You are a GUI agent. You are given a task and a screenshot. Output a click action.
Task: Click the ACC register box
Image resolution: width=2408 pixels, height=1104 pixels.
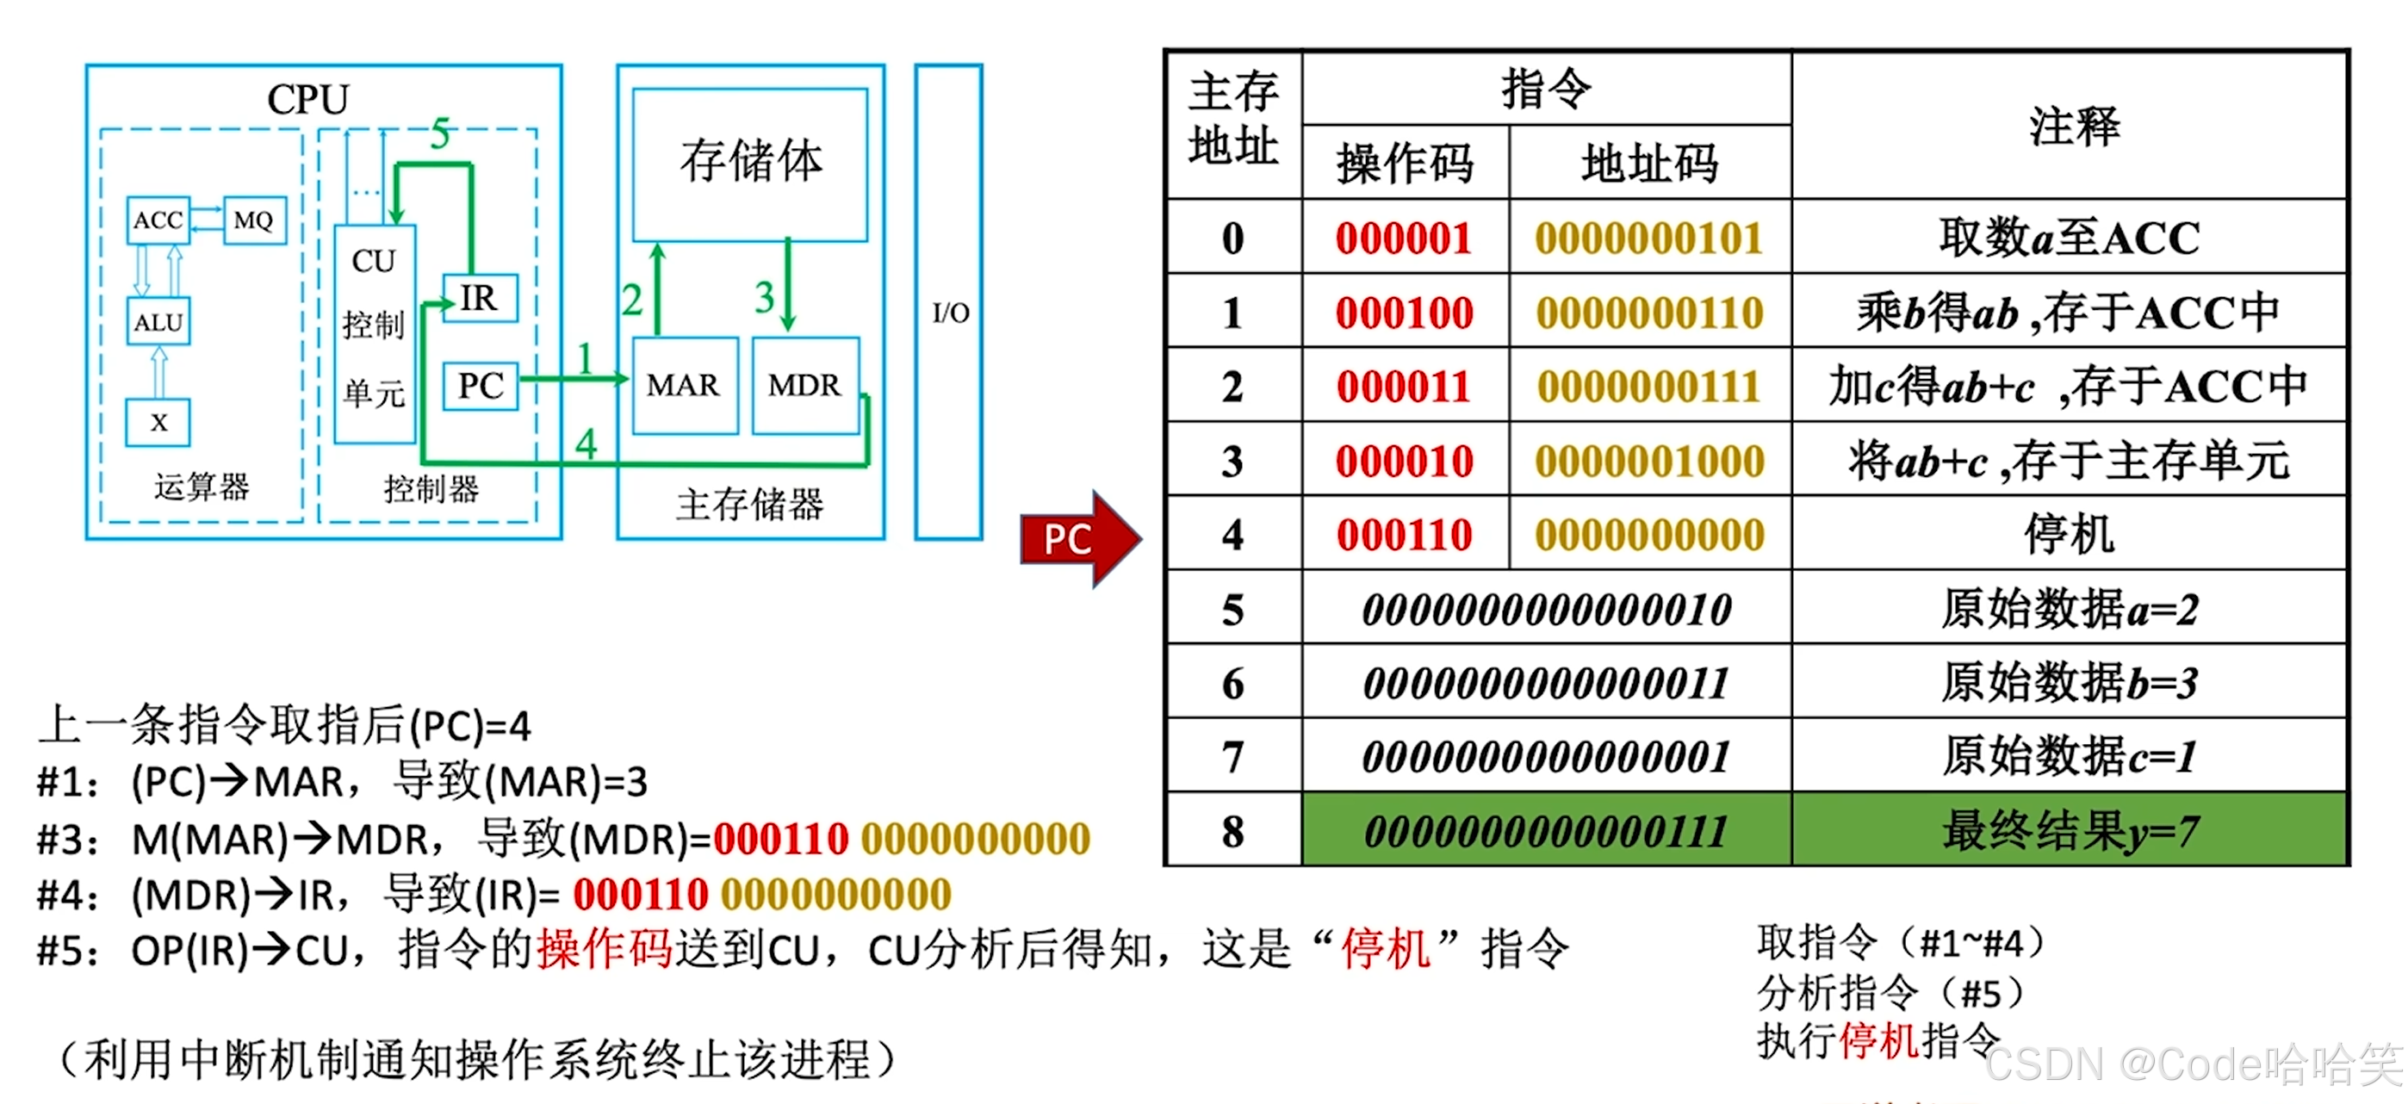click(x=158, y=220)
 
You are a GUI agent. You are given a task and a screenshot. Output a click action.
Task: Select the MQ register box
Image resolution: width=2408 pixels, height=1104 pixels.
click(x=253, y=220)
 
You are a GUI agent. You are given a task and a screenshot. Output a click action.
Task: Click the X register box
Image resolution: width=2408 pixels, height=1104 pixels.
click(x=158, y=423)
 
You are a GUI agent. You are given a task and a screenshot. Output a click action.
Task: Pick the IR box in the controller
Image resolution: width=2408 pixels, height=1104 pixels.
click(x=480, y=298)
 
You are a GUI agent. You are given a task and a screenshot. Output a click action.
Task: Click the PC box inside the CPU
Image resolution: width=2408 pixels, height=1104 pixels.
click(x=481, y=385)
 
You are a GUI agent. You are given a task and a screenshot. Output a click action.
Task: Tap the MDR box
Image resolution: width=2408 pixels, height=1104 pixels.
click(x=804, y=385)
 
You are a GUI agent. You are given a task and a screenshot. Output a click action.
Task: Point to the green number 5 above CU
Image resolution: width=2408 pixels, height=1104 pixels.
click(x=440, y=134)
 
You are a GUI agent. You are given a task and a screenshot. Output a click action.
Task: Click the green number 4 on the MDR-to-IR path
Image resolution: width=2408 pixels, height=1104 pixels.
click(x=586, y=443)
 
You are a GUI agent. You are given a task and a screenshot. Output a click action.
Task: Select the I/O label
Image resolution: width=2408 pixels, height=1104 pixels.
click(x=950, y=313)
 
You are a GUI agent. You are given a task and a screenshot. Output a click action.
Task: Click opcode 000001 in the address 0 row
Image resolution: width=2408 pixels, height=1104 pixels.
click(x=1404, y=238)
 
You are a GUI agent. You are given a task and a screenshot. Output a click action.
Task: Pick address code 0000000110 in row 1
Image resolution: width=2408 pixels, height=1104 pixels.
click(x=1650, y=313)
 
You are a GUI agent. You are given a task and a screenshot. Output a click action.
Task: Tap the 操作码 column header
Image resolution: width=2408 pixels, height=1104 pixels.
click(x=1404, y=164)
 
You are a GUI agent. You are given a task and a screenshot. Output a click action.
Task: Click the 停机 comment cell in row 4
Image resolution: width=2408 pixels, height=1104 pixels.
click(x=2069, y=535)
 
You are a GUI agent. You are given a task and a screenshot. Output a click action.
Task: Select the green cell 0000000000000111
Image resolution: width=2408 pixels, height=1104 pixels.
click(x=1546, y=831)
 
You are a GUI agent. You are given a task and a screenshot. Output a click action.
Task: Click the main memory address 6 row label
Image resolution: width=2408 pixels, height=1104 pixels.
click(x=1233, y=684)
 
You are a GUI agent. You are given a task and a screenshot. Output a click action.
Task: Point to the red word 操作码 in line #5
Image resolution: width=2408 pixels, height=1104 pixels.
click(x=605, y=950)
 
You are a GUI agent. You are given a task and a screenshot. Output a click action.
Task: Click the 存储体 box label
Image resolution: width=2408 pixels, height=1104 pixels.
click(x=751, y=161)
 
